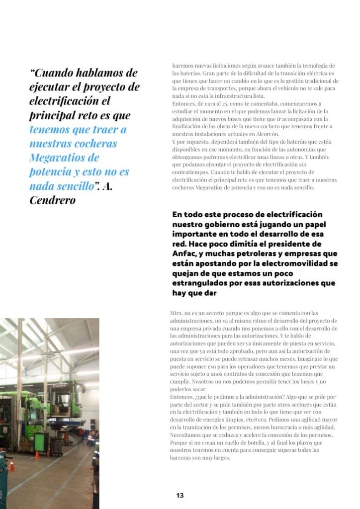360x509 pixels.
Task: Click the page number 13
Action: [x=180, y=495]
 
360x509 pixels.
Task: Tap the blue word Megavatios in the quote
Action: [x=58, y=158]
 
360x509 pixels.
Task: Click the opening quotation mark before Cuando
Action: [x=33, y=73]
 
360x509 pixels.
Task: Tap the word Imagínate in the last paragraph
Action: [x=304, y=358]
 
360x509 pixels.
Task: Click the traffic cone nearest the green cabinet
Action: [x=37, y=454]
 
